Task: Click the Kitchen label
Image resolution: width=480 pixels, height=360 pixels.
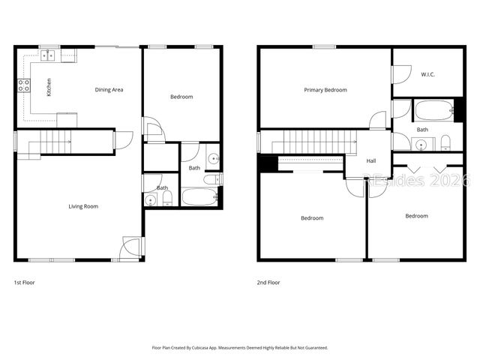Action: point(49,88)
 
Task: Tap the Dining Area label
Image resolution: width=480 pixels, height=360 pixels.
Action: point(109,90)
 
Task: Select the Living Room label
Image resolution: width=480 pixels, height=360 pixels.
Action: point(83,206)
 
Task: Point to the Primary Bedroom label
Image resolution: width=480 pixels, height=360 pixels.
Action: point(325,90)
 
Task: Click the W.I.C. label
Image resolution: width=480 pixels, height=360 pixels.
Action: point(428,74)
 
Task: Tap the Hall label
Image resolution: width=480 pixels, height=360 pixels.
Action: point(370,160)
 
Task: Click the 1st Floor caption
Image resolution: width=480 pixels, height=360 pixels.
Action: point(24,283)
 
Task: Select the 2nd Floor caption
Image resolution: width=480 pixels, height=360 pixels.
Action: point(268,283)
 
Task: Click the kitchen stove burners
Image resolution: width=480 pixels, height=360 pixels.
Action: point(23,85)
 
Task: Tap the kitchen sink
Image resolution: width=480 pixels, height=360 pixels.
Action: point(49,55)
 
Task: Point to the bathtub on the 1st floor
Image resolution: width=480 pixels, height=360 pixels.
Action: point(199,198)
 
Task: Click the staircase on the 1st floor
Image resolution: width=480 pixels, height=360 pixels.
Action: point(52,141)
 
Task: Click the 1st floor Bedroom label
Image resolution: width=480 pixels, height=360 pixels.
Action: point(181,97)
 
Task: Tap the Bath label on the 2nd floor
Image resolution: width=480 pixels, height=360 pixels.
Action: point(422,130)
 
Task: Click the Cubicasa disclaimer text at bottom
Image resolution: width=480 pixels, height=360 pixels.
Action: point(239,348)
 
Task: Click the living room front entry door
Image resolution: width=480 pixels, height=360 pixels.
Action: point(131,247)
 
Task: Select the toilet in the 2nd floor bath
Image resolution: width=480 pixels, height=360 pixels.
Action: point(445,142)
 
